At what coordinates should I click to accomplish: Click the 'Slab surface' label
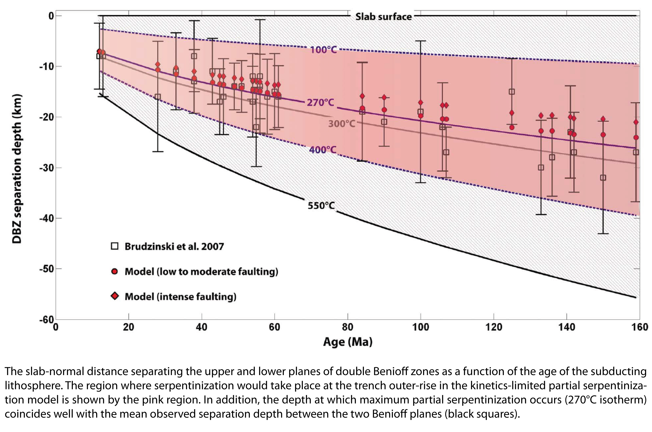[x=383, y=17]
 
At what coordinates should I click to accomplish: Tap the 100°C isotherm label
[x=323, y=50]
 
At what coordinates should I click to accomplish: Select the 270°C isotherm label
[x=320, y=102]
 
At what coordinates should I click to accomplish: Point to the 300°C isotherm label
[x=341, y=124]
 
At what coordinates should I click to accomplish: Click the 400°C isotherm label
[x=323, y=150]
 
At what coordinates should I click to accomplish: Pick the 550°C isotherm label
[x=321, y=205]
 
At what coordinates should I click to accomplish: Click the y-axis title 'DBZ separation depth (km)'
[x=17, y=169]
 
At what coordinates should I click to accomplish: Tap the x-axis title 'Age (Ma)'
[x=348, y=342]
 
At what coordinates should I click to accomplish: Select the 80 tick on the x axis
[x=348, y=327]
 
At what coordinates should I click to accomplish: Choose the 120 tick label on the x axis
[x=493, y=327]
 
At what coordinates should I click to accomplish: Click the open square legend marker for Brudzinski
[x=114, y=246]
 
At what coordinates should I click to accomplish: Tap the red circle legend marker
[x=114, y=271]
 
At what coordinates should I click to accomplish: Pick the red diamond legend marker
[x=114, y=296]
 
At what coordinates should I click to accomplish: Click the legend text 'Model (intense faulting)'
[x=180, y=297]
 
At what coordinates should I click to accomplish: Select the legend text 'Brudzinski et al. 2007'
[x=174, y=246]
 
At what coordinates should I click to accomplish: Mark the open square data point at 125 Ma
[x=512, y=92]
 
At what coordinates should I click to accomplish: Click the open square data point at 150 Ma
[x=603, y=178]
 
